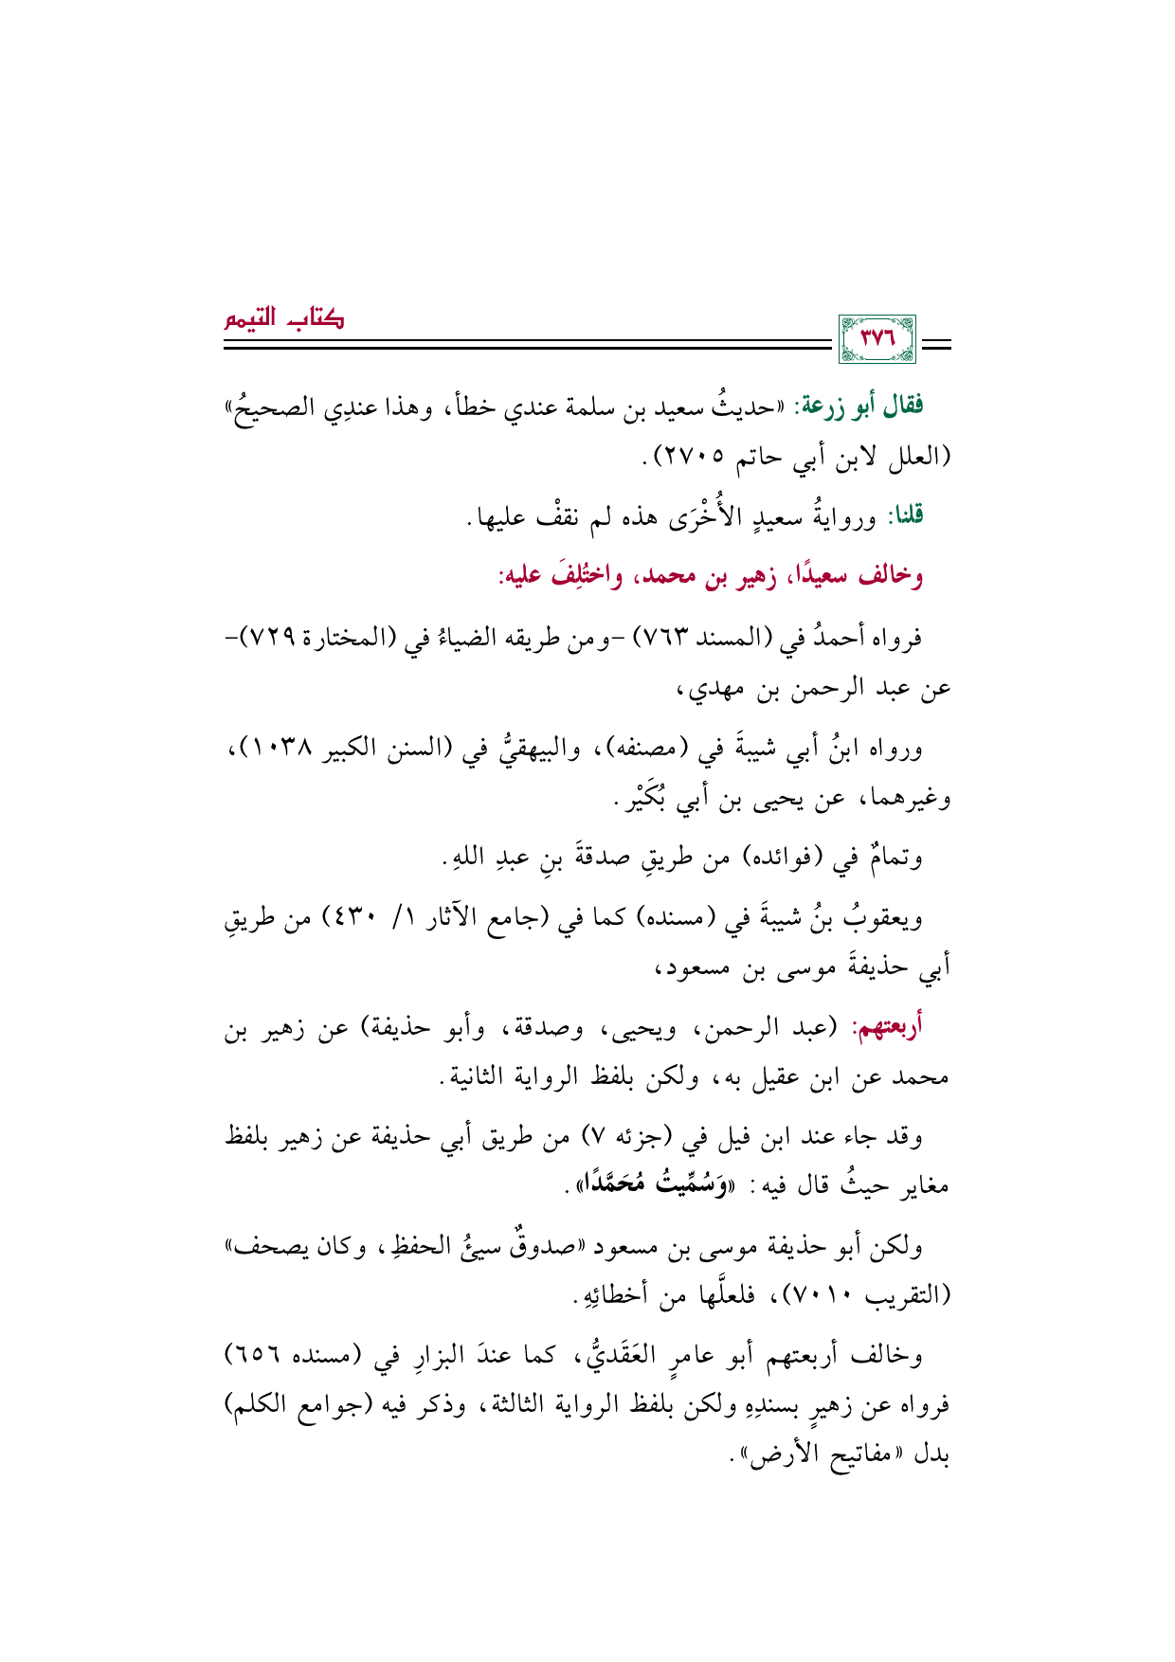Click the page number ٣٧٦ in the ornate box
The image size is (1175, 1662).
coord(877,339)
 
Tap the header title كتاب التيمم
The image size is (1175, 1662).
coord(283,318)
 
